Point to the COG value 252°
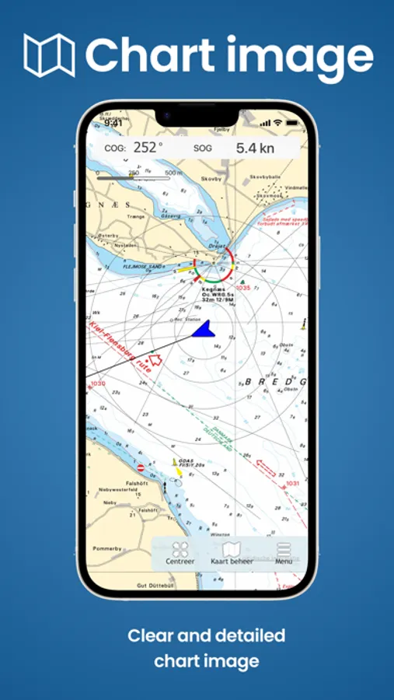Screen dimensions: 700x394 (148, 147)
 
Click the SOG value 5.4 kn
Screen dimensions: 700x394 (256, 147)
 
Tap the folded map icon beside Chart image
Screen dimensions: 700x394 (49, 55)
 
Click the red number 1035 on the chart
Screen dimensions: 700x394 (243, 288)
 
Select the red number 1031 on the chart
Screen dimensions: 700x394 (292, 483)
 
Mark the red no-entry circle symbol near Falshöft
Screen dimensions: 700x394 (141, 467)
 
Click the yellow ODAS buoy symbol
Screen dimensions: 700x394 (176, 464)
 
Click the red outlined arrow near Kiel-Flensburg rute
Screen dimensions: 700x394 (155, 361)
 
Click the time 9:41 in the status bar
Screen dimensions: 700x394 (113, 123)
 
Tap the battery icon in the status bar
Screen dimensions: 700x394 (291, 123)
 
